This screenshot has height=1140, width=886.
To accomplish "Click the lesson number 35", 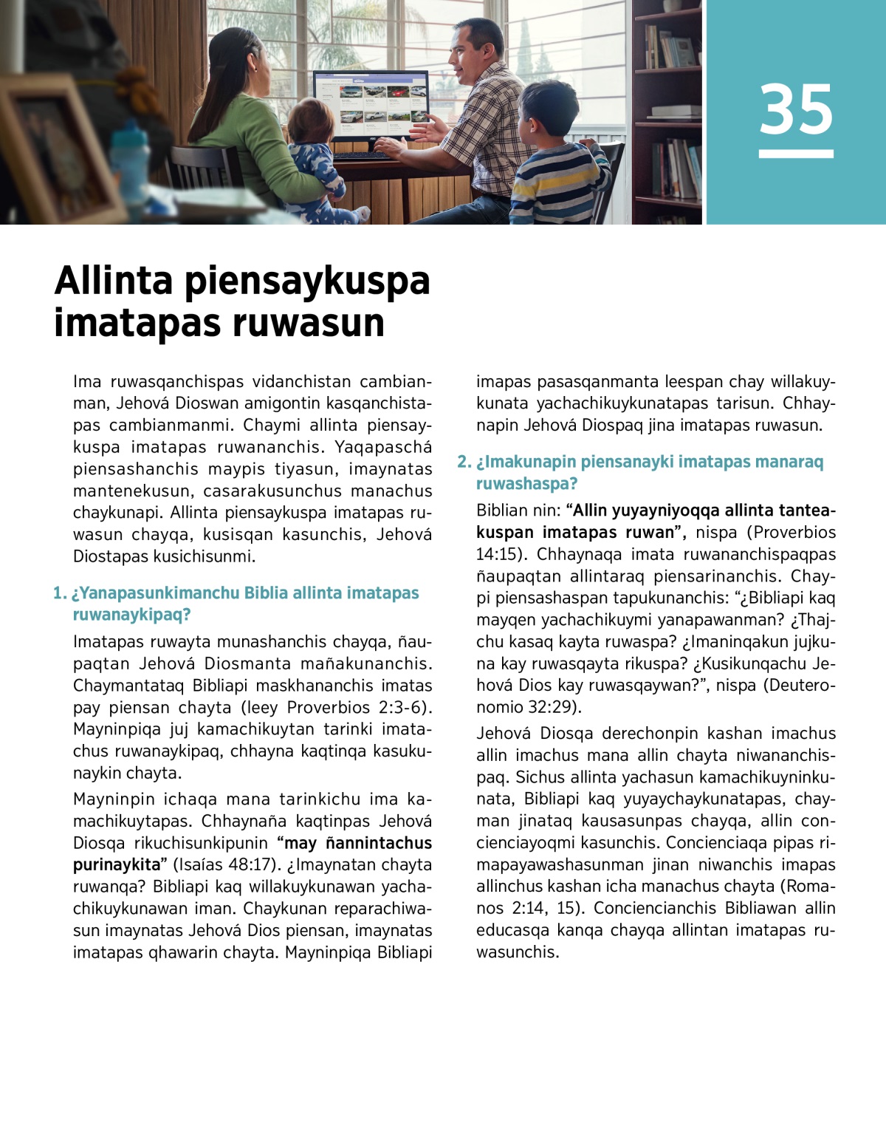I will pyautogui.click(x=795, y=109).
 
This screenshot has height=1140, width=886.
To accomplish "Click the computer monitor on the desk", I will pyautogui.click(x=370, y=103).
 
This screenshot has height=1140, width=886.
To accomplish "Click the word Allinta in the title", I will pyautogui.click(x=114, y=281).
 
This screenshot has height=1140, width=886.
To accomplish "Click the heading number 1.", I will pyautogui.click(x=58, y=593).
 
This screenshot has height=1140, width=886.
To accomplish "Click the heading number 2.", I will pyautogui.click(x=463, y=462).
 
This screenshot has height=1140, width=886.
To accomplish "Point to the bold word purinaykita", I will pyautogui.click(x=116, y=864).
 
